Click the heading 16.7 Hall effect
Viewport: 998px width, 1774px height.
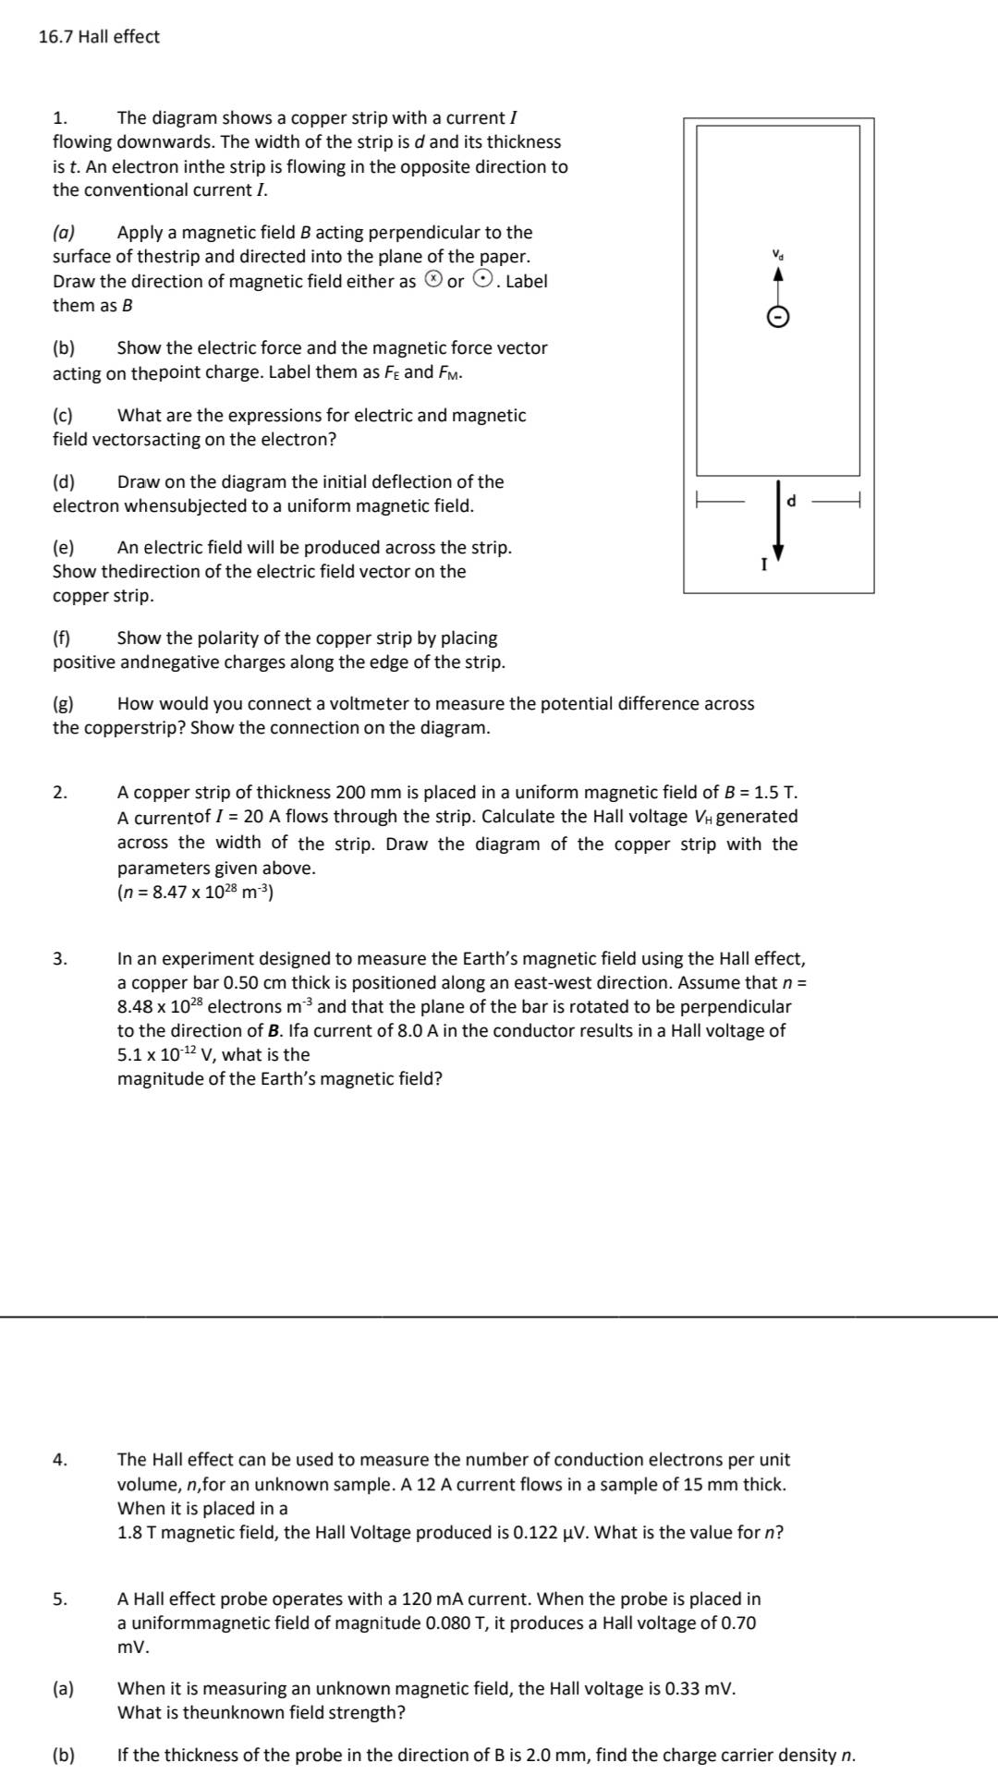pos(99,37)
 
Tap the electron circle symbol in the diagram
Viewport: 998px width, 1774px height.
pos(778,318)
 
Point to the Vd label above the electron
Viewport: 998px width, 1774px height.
pos(778,253)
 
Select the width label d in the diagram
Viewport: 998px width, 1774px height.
pos(791,501)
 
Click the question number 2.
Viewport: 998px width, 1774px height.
pos(59,793)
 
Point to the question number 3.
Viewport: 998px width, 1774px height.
pos(59,959)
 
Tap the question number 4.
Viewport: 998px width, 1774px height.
pos(59,1460)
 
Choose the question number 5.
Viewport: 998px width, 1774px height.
pos(59,1599)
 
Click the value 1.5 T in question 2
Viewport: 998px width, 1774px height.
pos(775,793)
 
